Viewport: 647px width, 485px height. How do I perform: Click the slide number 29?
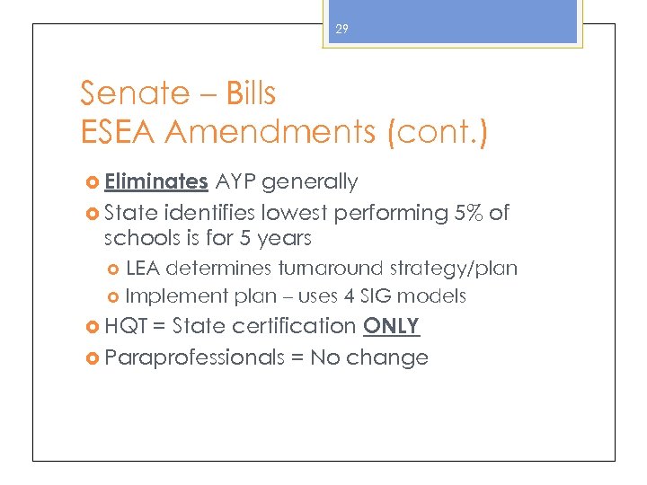341,30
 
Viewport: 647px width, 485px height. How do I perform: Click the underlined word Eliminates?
155,181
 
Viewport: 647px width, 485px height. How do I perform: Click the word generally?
310,182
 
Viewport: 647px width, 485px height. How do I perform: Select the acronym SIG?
381,295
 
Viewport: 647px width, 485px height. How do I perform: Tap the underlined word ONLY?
391,325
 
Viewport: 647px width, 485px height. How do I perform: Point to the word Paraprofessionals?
193,357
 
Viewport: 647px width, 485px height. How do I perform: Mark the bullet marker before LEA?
113,269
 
